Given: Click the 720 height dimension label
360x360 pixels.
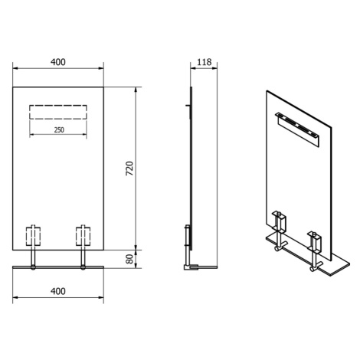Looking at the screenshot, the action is [x=130, y=169].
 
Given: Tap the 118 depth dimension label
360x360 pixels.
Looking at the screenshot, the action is [x=205, y=62].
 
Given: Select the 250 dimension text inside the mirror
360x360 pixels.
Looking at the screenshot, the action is [x=59, y=129].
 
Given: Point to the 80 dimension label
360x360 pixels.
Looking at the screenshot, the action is [x=130, y=259].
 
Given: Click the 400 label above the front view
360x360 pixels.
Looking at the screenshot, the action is [x=58, y=62].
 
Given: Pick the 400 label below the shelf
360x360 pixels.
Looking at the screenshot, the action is [x=58, y=291].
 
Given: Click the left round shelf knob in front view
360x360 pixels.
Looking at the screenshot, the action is [x=33, y=267].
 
